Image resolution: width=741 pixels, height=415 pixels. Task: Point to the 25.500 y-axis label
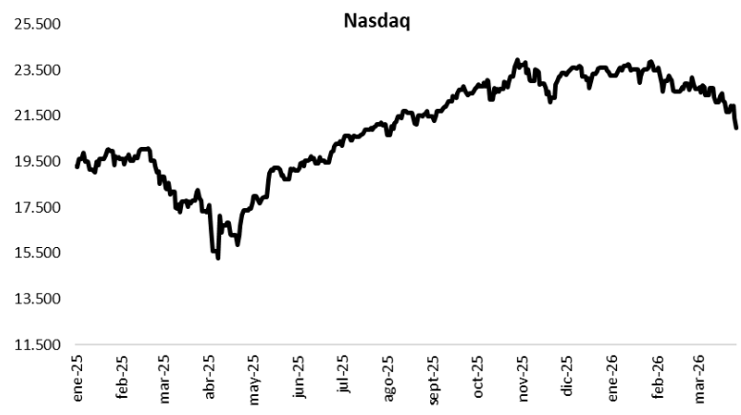[x=36, y=25]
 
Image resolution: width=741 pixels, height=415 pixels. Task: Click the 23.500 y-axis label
[x=36, y=70]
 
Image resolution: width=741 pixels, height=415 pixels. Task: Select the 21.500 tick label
[x=36, y=115]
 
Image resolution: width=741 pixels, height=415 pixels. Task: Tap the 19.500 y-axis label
[x=36, y=161]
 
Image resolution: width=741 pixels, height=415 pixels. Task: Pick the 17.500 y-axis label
[x=36, y=207]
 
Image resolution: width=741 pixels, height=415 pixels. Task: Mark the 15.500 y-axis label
[x=36, y=253]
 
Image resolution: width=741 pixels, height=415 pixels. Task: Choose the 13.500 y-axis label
[x=36, y=299]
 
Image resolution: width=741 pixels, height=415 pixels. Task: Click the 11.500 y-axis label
[x=36, y=344]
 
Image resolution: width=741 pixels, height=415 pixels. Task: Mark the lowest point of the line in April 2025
[x=218, y=259]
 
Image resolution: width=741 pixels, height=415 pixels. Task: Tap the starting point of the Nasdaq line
[x=77, y=167]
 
